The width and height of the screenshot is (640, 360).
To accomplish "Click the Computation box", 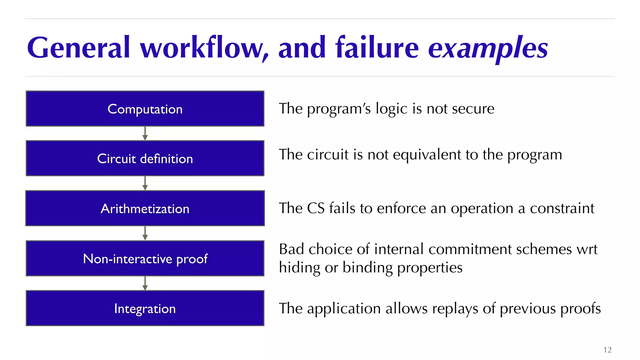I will coord(145,109).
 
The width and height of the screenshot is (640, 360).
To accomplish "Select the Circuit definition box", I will coord(145,158).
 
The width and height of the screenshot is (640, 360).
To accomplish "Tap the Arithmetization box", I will coord(145,208).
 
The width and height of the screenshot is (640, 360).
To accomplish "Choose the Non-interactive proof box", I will coord(145,258).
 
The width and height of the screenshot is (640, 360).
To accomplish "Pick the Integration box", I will coord(145,308).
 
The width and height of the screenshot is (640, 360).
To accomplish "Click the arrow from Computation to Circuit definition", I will coord(145,133).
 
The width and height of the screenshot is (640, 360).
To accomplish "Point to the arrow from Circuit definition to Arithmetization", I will coord(145,183).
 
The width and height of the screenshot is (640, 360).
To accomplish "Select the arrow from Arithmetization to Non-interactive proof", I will coord(145,233).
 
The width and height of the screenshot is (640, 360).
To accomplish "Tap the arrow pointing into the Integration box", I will coord(145,283).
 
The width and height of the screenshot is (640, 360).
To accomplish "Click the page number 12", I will coord(607,350).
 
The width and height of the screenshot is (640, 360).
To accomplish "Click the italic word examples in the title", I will coord(488,48).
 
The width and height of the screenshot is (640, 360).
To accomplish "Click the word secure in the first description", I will coord(473,109).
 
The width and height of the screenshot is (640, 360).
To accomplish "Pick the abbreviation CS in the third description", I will coord(316,208).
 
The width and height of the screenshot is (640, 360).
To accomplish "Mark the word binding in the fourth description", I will coord(367,268).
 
